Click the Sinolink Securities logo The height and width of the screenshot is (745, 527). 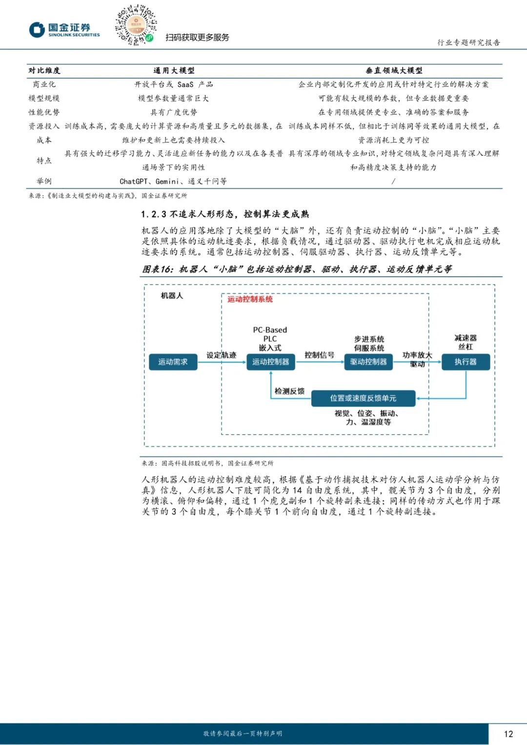64,30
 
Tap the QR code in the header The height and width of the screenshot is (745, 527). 136,25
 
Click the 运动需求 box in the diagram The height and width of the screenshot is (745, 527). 173,362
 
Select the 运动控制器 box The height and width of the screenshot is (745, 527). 270,362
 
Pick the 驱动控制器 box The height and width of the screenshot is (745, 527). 368,362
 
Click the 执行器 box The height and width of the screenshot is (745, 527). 466,362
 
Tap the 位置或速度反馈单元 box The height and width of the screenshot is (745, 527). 363,398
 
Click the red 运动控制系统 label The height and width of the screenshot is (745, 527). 250,299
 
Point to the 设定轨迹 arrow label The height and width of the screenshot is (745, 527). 221,355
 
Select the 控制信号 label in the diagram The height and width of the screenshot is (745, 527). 319,355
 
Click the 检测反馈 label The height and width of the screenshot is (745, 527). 289,391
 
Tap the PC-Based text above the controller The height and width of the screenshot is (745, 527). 270,330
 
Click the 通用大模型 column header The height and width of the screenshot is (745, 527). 174,71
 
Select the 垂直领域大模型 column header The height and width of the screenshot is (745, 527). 394,71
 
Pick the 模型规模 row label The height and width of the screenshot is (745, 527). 44,99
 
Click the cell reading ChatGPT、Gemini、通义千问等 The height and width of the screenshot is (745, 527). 173,181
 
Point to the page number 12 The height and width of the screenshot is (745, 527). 508,734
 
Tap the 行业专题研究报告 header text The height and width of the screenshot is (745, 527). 468,42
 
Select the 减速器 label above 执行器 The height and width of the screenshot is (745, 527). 466,338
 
